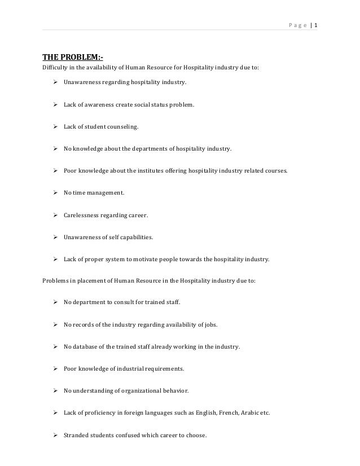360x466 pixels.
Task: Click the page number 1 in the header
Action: (315, 25)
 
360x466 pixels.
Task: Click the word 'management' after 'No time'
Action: (106, 194)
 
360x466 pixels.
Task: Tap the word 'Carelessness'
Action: (83, 216)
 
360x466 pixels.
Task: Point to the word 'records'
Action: (82, 324)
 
